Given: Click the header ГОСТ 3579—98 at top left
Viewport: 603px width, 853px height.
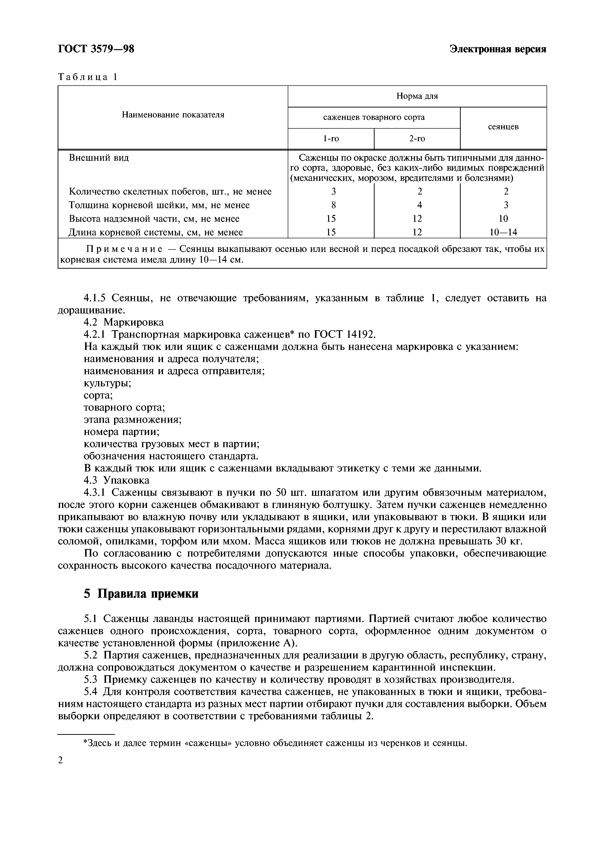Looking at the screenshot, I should point(96,49).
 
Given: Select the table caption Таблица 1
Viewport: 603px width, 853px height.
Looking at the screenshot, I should point(88,77).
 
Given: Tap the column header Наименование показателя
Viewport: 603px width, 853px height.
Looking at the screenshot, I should point(173,115).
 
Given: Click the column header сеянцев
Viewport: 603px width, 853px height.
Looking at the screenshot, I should point(503,127).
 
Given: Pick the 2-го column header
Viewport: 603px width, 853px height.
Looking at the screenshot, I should point(417,139).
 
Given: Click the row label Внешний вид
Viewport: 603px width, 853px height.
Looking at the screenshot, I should point(99,158).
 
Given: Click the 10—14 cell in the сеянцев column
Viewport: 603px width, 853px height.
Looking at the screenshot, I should point(503,232).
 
